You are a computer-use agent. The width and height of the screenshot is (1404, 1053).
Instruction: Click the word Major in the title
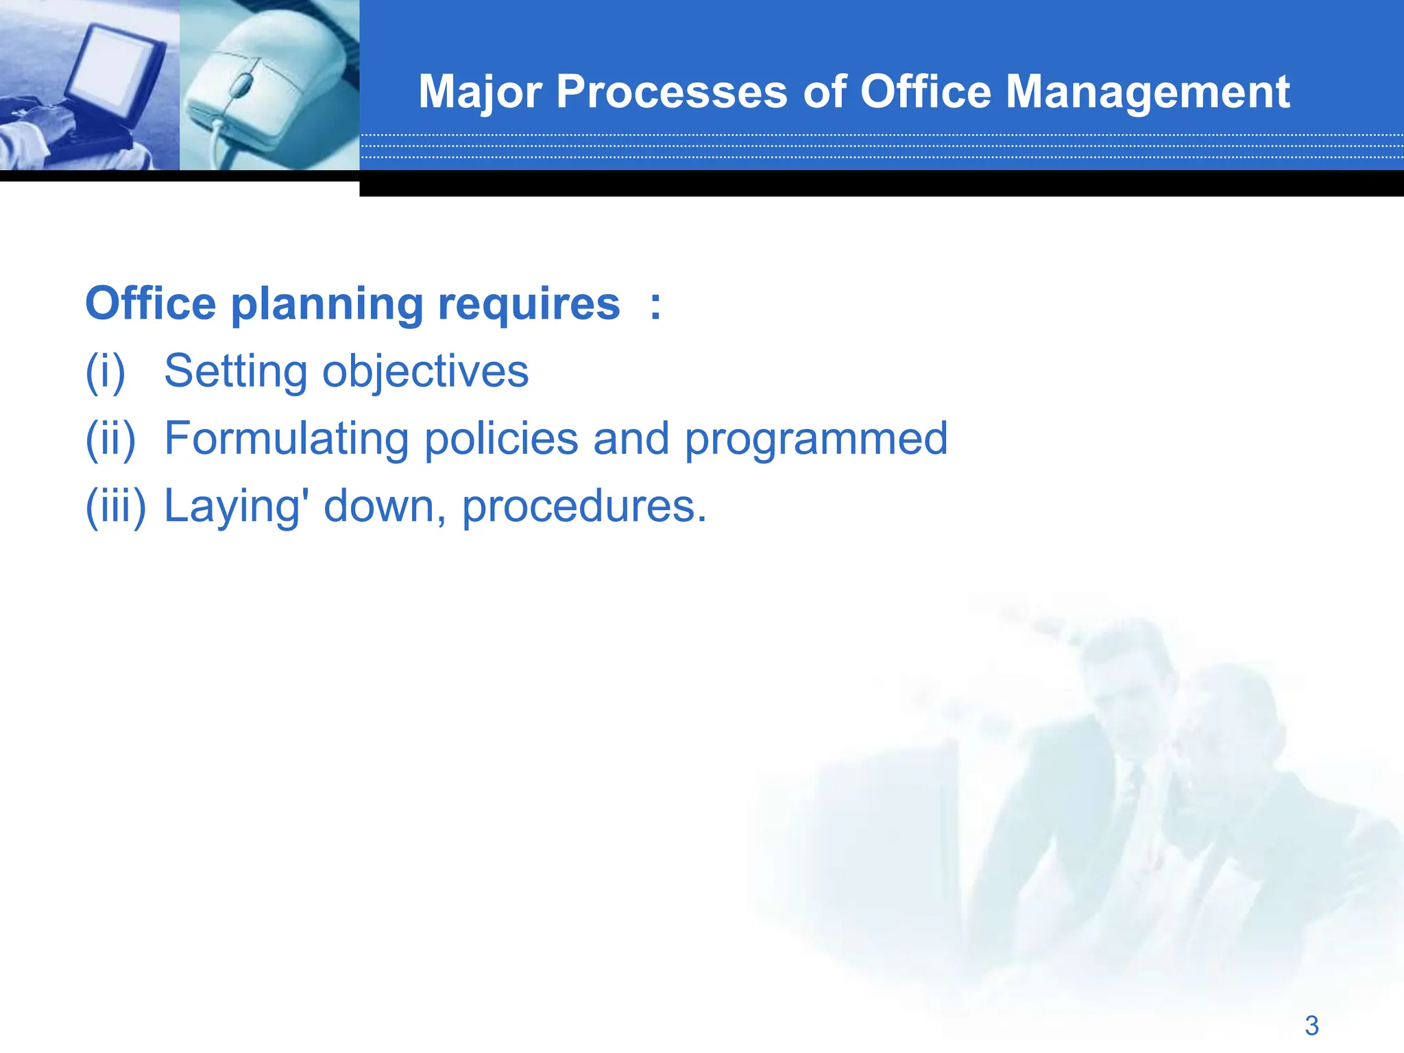pos(480,93)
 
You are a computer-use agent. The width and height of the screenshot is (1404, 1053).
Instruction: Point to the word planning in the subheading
pos(326,305)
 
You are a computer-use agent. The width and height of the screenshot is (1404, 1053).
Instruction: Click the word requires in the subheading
pos(529,305)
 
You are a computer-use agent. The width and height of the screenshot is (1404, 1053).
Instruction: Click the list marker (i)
pos(106,372)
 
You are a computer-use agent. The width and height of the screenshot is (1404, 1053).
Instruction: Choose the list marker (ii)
pos(110,439)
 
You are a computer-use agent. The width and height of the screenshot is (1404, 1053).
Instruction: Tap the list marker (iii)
pos(115,506)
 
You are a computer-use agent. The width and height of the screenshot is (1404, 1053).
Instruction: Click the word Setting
pos(236,372)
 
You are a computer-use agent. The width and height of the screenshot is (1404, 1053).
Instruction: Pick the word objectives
pos(425,372)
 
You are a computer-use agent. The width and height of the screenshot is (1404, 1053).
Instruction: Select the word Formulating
pos(287,439)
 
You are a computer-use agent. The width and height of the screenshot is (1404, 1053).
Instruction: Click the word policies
pos(501,439)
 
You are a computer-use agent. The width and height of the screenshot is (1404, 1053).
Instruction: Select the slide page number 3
pos(1311,1026)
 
